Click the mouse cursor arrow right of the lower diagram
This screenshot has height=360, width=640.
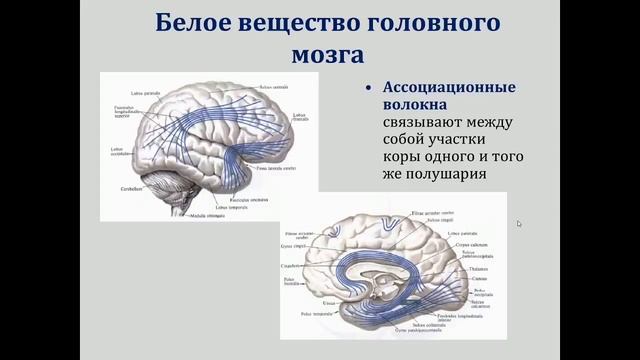click(x=519, y=223)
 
